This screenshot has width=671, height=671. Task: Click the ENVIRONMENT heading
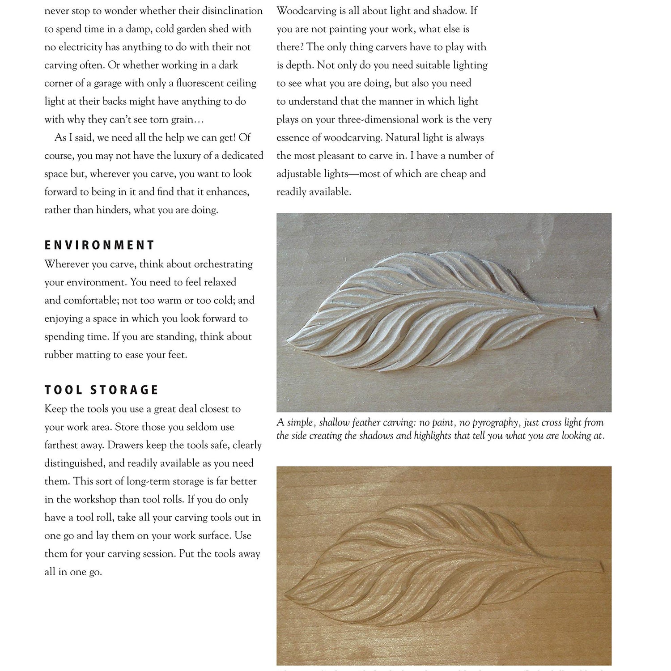click(99, 245)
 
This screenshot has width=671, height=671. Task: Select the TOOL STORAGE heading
click(102, 390)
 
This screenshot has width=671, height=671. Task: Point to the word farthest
click(61, 445)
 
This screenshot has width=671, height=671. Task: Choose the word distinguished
click(73, 463)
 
